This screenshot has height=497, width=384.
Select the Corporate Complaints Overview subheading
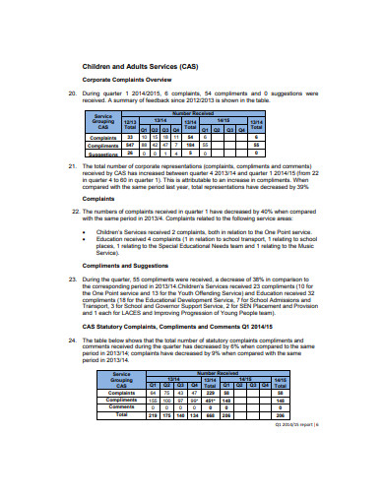[x=130, y=81]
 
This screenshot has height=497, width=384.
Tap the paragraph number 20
[x=71, y=93]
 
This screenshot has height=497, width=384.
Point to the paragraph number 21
[x=71, y=167]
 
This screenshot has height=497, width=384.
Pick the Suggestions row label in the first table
[x=104, y=153]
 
